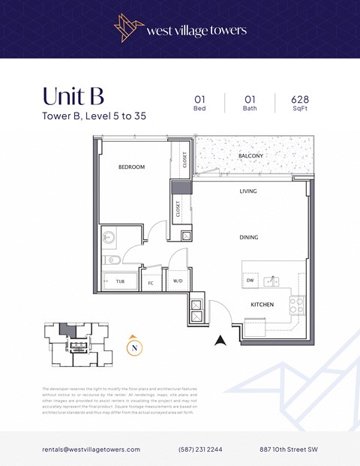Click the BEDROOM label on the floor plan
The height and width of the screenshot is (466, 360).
[x=131, y=167]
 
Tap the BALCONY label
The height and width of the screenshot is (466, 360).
[x=250, y=156]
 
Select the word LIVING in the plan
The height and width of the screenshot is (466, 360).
[x=248, y=191]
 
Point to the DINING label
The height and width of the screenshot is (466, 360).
[x=248, y=237]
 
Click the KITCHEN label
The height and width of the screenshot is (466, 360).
[x=262, y=305]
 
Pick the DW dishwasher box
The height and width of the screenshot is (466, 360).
[x=250, y=281]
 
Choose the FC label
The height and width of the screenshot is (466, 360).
[x=151, y=283]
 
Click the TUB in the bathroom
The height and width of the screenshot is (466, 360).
[x=120, y=282]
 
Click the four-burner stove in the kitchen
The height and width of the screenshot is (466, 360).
[x=297, y=305]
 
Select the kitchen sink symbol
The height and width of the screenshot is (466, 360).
[x=274, y=281]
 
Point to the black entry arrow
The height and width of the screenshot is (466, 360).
[x=220, y=341]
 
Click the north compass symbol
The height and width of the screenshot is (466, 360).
[x=133, y=347]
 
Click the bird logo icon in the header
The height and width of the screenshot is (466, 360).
[x=128, y=28]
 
